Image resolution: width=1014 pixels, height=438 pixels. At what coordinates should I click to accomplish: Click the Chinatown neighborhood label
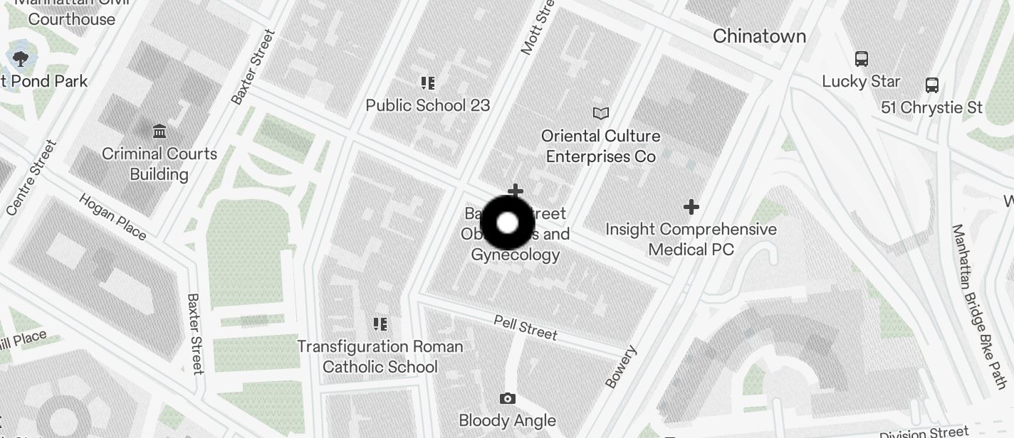[759, 36]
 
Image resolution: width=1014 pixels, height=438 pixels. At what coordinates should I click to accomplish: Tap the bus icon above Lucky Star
[862, 59]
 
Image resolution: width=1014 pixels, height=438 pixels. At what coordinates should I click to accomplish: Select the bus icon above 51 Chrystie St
[931, 85]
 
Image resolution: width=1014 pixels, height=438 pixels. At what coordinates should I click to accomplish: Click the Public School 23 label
[427, 105]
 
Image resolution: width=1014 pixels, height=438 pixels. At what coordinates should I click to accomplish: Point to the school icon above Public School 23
[427, 83]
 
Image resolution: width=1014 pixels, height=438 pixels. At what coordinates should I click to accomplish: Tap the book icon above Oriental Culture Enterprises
[601, 113]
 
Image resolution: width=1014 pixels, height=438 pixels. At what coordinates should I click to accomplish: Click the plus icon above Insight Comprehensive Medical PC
[691, 207]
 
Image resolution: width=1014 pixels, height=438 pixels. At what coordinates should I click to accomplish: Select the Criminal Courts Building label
[160, 164]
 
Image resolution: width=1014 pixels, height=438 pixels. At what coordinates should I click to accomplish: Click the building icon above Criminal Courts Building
[160, 131]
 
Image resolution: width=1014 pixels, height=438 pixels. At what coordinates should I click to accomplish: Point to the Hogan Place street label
[113, 216]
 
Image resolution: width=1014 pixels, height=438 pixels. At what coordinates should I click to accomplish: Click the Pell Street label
[526, 328]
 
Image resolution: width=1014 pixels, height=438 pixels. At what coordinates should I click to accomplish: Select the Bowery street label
[620, 367]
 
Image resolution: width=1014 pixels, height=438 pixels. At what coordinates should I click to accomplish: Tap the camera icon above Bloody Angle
[507, 398]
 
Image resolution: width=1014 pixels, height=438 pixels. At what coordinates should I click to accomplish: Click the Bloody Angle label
[507, 420]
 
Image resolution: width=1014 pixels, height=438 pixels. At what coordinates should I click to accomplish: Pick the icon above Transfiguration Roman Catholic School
[380, 324]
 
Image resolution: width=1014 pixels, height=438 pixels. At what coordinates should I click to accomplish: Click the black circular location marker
[507, 223]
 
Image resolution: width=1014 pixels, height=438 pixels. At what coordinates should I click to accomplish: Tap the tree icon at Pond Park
[20, 58]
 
